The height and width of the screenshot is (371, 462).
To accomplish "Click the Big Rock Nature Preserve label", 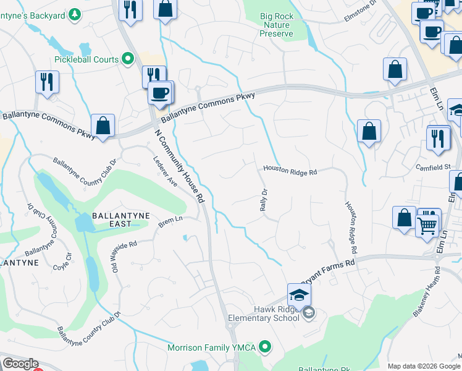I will [276, 24].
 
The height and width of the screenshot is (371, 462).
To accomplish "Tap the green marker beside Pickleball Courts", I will [128, 59].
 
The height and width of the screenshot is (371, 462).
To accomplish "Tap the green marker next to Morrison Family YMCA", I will [266, 347].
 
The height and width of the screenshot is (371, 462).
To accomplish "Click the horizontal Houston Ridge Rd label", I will [290, 170].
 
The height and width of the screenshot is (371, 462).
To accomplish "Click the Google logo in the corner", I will [20, 364].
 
